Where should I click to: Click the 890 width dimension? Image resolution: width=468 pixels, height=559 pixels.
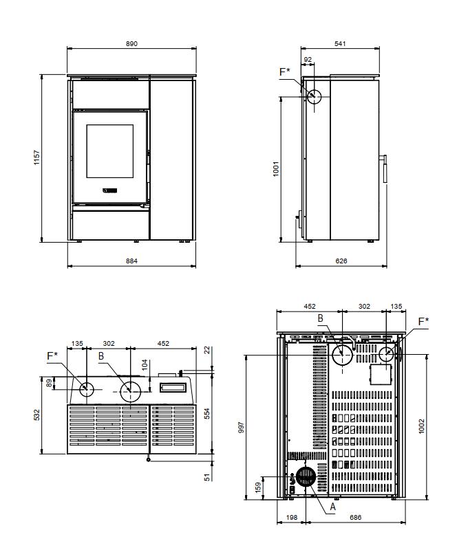tap(131, 44)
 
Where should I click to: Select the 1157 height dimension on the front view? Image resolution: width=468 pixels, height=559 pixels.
tap(36, 157)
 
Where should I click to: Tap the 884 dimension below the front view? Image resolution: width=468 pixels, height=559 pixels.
tap(131, 261)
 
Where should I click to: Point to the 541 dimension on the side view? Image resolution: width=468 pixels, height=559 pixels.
tap(340, 43)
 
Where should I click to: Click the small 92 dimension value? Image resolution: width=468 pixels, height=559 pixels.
tap(308, 60)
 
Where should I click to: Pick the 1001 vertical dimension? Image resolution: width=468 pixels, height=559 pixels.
tap(275, 168)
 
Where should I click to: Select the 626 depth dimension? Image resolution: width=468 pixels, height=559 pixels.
tap(341, 261)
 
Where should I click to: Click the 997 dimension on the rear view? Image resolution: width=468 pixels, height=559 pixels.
tap(241, 428)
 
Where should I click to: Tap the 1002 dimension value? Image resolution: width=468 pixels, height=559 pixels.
tap(422, 426)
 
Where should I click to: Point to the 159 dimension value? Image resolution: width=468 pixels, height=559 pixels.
tap(258, 487)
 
